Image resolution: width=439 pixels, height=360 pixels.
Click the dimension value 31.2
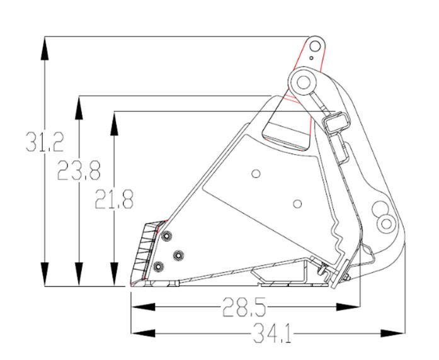(x=45, y=142)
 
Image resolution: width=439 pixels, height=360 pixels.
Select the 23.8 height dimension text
(x=79, y=171)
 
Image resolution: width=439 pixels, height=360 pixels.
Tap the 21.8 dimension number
(x=114, y=199)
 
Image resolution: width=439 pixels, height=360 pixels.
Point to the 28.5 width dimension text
(x=244, y=307)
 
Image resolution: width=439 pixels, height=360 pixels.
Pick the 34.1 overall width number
(x=273, y=333)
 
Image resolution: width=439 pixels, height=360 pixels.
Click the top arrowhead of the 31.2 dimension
(x=45, y=48)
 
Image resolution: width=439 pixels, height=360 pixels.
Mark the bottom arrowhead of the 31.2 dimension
(x=45, y=274)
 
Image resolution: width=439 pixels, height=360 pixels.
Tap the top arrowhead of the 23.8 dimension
(x=79, y=108)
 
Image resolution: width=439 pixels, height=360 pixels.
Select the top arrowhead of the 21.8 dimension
(x=114, y=123)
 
